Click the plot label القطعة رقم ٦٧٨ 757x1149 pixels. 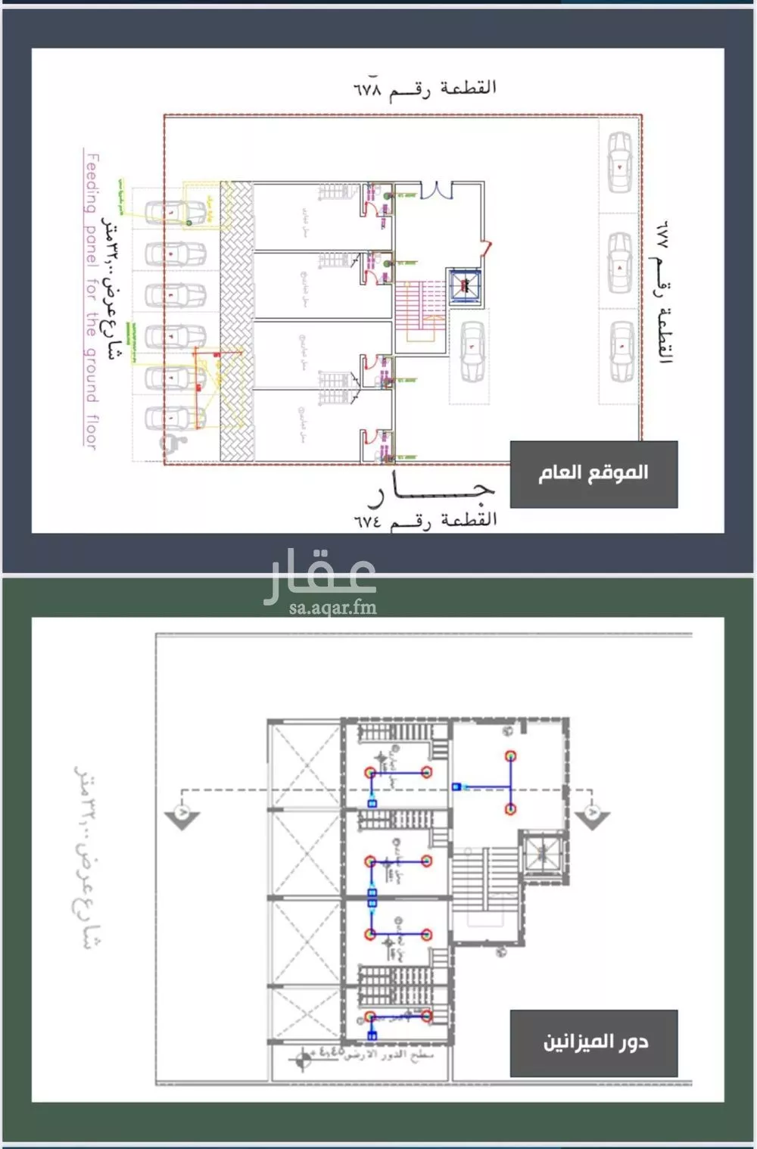coord(425,89)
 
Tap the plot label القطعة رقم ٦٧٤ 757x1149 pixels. coord(425,520)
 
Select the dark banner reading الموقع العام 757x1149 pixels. coord(593,474)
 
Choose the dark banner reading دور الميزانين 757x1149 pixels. coord(593,1042)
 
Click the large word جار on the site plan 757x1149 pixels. coord(431,492)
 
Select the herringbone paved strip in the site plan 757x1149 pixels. coord(235,321)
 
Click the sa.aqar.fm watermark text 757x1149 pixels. coord(332,607)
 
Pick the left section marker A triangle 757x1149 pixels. coord(182,815)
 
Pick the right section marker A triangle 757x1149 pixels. coord(592,815)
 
